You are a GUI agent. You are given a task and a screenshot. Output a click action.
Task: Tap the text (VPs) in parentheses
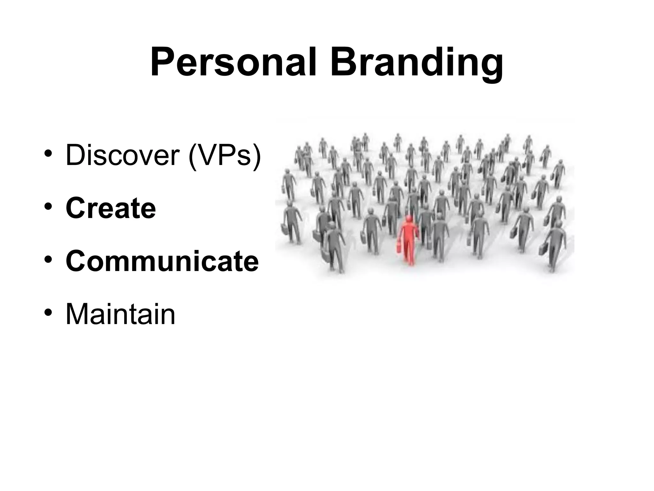pyautogui.click(x=225, y=156)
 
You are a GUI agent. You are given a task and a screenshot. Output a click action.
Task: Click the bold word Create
pyautogui.click(x=111, y=208)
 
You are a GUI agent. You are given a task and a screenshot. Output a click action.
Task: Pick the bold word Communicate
pyautogui.click(x=162, y=261)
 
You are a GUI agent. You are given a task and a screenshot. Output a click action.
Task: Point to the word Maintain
pyautogui.click(x=120, y=315)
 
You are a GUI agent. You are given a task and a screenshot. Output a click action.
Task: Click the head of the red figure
pyautogui.click(x=408, y=219)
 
